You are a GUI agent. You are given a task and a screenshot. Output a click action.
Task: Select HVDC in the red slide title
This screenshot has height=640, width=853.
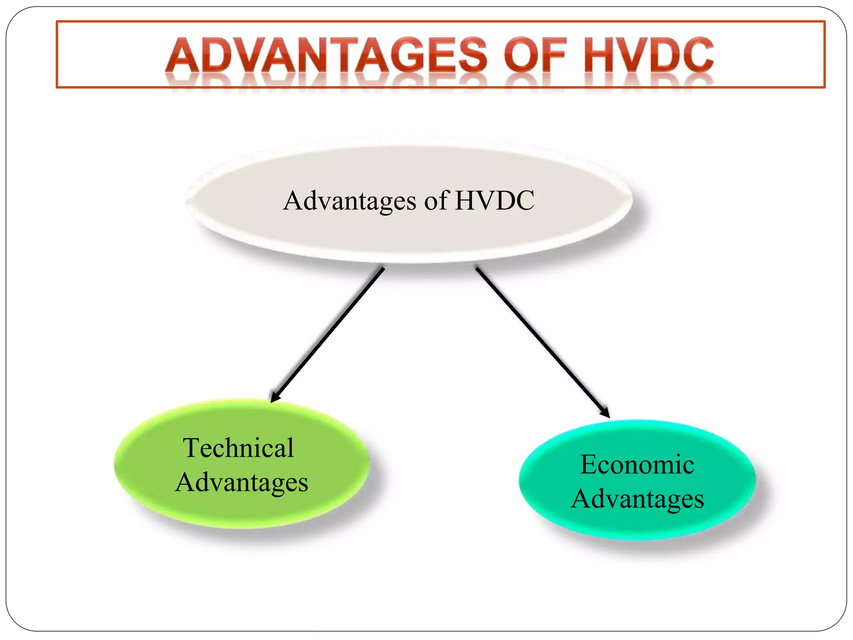[x=648, y=55]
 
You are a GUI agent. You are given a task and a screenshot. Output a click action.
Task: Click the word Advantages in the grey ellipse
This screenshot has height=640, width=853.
[x=349, y=201]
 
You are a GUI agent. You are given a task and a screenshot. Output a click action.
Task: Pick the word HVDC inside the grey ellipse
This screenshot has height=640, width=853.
[x=495, y=200]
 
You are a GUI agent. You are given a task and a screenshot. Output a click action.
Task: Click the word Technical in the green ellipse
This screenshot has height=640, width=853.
[x=239, y=448]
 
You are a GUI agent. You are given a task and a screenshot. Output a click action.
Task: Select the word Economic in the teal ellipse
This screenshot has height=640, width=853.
[x=637, y=465]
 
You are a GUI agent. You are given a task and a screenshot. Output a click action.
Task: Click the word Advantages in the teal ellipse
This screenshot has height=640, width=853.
[x=637, y=499]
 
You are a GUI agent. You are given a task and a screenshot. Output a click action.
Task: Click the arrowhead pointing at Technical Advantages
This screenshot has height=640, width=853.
[x=274, y=397]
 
